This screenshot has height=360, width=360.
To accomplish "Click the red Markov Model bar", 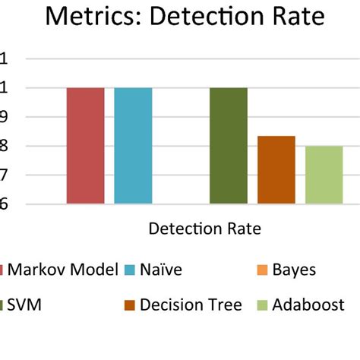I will [x=85, y=146].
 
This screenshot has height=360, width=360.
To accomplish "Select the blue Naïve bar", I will [x=133, y=146].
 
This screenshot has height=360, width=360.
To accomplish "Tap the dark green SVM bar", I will [x=228, y=146].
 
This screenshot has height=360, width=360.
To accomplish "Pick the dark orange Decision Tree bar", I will [x=276, y=170].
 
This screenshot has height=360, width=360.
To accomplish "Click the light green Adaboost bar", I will [x=324, y=175].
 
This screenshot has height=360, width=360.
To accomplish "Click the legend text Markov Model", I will [x=64, y=270].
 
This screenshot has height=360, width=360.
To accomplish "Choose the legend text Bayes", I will [x=294, y=270].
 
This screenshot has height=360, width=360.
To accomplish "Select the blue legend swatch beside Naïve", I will [x=128, y=270].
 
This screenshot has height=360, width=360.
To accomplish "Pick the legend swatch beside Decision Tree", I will [x=128, y=306].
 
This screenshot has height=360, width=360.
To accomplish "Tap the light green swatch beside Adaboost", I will [x=262, y=306].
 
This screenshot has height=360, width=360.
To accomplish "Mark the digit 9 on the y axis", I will [x=3, y=117].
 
